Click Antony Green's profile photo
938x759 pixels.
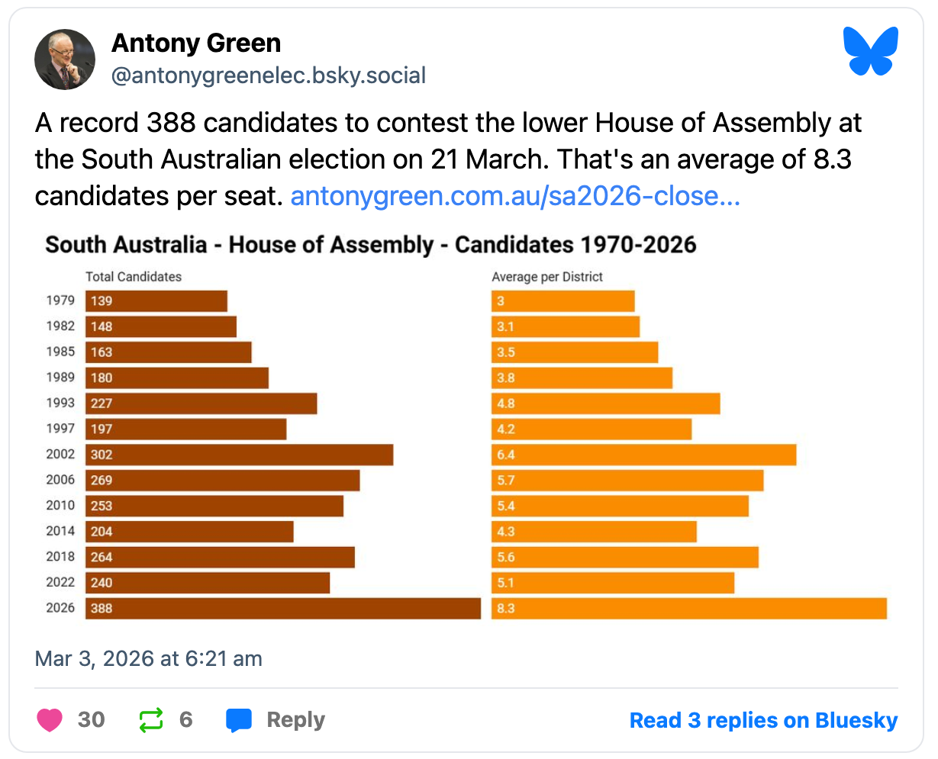(65, 59)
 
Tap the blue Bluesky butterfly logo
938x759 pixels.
(871, 51)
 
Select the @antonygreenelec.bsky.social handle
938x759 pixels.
(269, 76)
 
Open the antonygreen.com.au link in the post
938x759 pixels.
(515, 196)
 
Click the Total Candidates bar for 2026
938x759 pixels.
(282, 608)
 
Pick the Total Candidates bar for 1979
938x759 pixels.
(156, 301)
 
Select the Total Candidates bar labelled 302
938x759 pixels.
(239, 455)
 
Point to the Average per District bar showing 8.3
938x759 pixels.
(688, 608)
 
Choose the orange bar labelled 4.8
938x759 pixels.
(605, 404)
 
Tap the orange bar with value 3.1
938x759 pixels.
(565, 326)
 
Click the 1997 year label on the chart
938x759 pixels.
(60, 429)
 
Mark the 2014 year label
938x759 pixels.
(60, 531)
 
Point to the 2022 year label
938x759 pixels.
(60, 582)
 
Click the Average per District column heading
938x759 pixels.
(546, 276)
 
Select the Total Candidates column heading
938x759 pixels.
(134, 276)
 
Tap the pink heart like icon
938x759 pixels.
(50, 719)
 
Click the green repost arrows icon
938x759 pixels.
(151, 719)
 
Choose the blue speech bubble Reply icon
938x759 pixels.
(239, 719)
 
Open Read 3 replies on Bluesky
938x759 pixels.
(763, 720)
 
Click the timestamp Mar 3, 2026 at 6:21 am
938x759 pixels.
(149, 658)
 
